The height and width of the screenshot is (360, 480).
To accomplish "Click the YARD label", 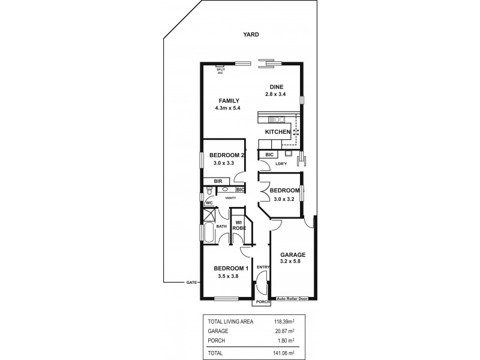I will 251,35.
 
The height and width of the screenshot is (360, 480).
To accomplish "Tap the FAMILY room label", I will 229,100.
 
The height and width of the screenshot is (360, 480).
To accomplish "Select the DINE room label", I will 276,86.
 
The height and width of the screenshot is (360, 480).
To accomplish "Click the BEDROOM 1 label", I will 231,268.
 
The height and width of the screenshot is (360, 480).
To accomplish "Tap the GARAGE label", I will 294,254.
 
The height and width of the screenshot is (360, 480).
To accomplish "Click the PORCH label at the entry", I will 262,302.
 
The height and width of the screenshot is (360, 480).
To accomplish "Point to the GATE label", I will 191,282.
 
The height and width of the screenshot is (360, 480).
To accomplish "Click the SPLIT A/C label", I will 221,70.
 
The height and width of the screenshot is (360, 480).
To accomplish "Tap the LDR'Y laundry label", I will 281,163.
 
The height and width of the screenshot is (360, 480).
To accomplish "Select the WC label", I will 209,203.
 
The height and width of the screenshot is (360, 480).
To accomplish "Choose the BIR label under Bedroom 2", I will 218,181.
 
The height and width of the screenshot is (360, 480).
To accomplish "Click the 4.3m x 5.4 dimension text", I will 229,108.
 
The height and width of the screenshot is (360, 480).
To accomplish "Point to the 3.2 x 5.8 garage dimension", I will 294,262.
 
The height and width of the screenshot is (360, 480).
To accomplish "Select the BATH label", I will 221,226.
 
